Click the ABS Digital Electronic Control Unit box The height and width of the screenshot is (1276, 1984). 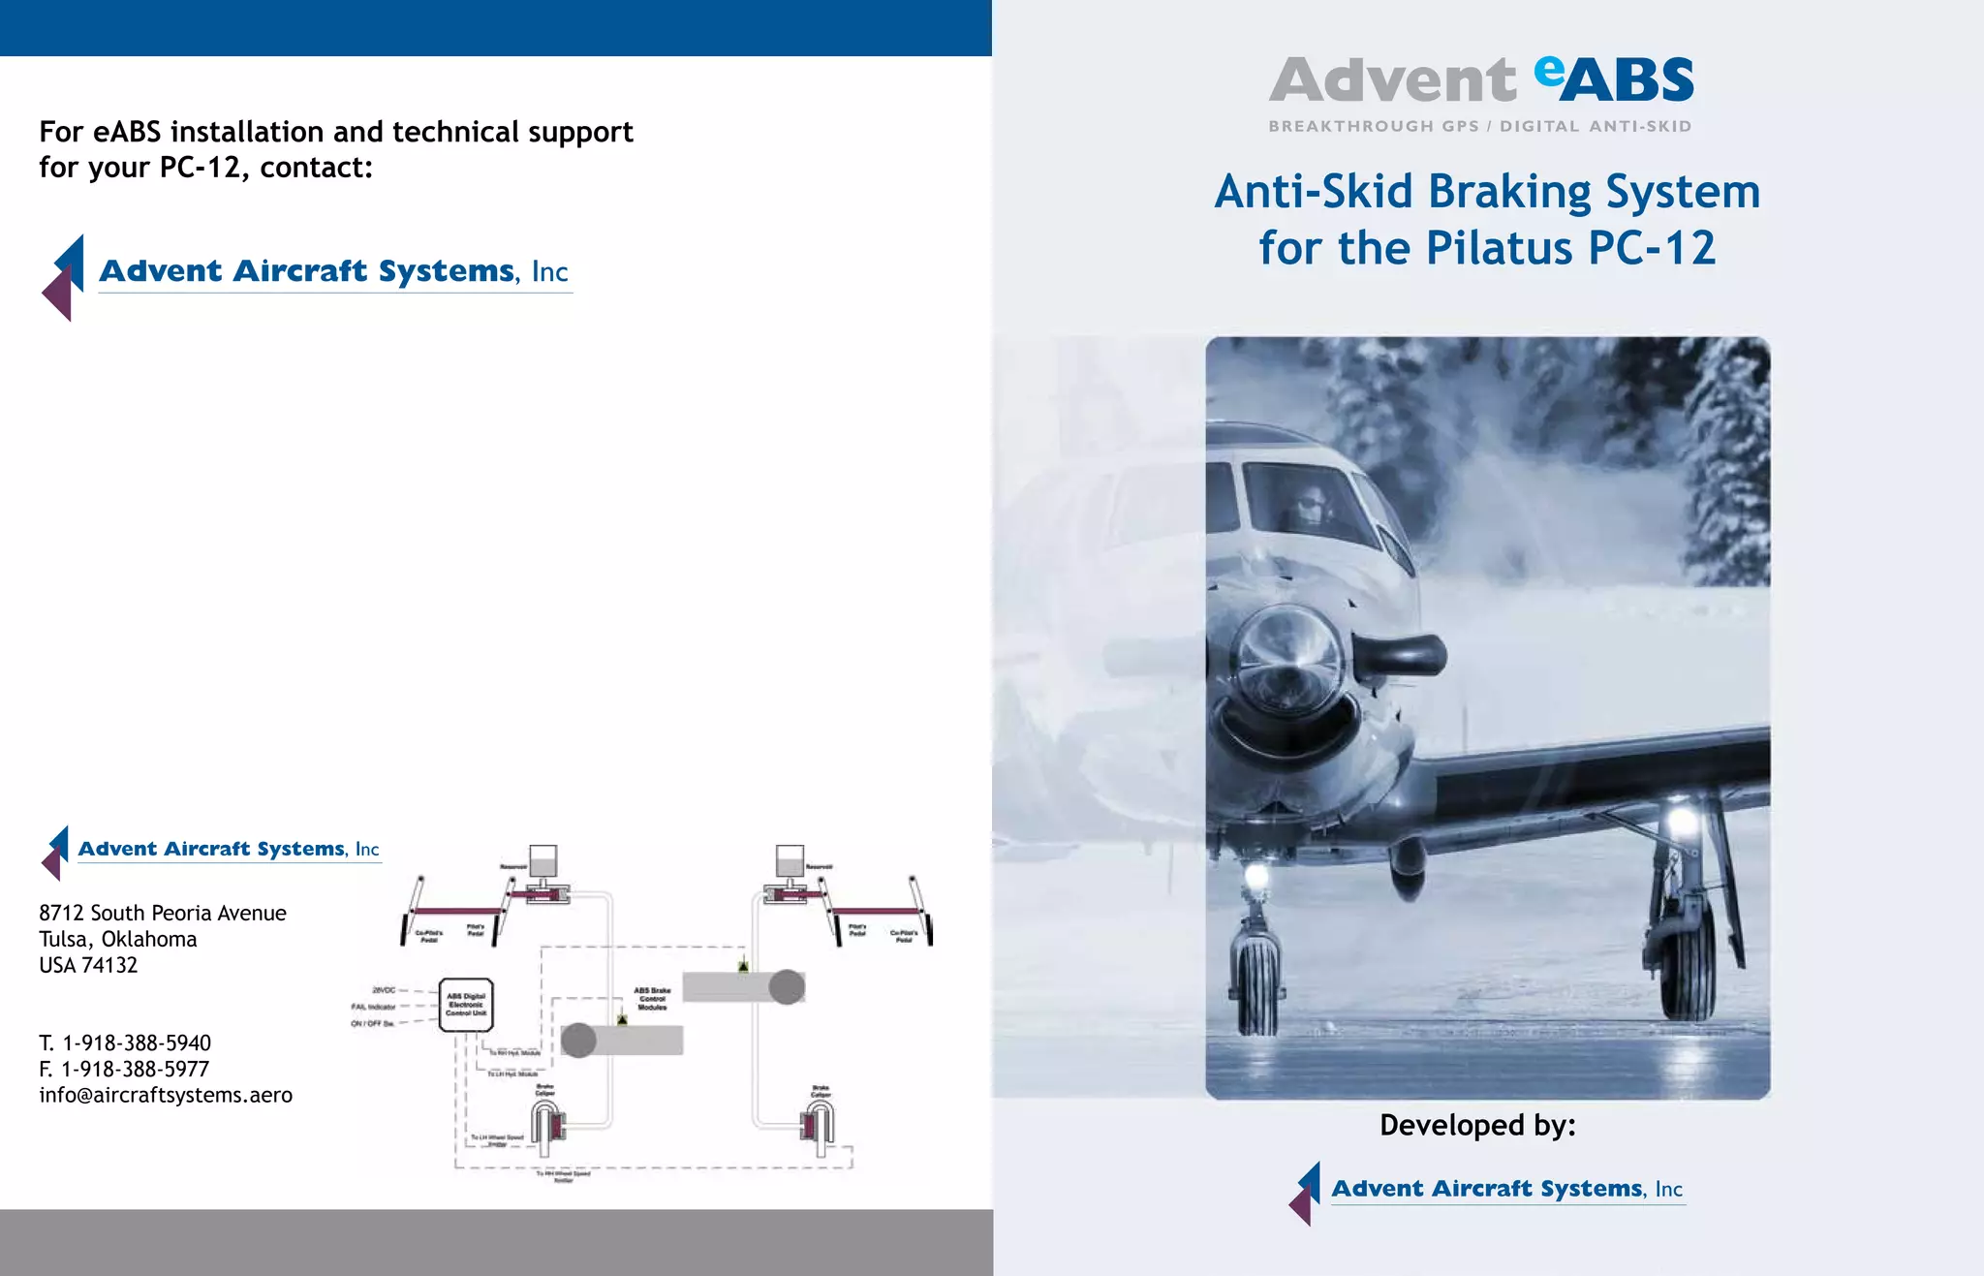(x=466, y=1005)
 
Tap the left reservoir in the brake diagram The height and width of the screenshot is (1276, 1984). (x=542, y=861)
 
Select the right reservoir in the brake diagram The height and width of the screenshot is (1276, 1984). (x=790, y=861)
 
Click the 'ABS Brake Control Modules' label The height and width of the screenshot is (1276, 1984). (x=652, y=999)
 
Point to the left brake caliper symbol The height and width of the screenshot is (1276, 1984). (x=547, y=1127)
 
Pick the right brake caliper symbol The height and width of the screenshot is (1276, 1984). (x=818, y=1125)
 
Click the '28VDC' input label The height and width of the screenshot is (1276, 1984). (x=384, y=990)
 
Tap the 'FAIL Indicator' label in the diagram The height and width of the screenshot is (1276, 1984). (x=373, y=1007)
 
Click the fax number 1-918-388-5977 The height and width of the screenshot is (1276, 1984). (x=135, y=1069)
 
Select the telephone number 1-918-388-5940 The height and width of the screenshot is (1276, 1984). (x=137, y=1043)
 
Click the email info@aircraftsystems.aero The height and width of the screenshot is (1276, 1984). (x=166, y=1095)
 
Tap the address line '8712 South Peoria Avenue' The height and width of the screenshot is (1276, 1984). (x=163, y=913)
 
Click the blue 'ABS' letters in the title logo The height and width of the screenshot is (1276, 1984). (x=1627, y=80)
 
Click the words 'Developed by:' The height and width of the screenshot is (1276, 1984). (x=1477, y=1125)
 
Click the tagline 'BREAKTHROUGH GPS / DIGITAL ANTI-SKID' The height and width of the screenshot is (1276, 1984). (x=1479, y=126)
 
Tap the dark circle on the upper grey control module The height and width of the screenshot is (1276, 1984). (x=787, y=987)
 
